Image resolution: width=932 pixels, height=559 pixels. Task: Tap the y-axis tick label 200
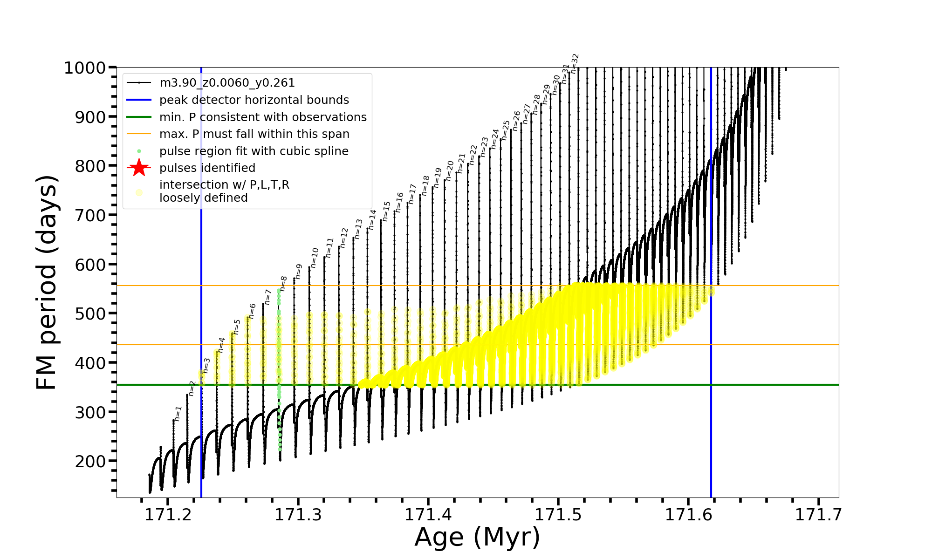coord(90,461)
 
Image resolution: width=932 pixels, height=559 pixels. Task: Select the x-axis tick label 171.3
coord(298,515)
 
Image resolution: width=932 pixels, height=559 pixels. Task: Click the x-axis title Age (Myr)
coord(477,537)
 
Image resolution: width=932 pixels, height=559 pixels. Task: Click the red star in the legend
coord(139,168)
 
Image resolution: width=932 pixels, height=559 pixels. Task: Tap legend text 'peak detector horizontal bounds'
coord(254,100)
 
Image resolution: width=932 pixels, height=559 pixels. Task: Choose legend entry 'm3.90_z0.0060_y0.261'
coord(227,83)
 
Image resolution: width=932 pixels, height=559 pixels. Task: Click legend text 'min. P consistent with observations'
coord(263,117)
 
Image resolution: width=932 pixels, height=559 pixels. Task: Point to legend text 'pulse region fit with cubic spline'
coord(254,151)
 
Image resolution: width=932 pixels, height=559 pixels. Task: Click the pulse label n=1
coord(178,413)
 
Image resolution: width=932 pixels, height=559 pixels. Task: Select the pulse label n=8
coord(283,284)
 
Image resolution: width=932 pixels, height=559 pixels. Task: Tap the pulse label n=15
coord(386,211)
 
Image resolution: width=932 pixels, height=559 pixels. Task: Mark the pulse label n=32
coord(575,63)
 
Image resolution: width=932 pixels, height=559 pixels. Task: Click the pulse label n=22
coord(473,155)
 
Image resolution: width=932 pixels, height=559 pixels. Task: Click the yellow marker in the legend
coord(139,192)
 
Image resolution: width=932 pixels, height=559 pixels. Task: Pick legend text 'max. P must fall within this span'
coord(254,134)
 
